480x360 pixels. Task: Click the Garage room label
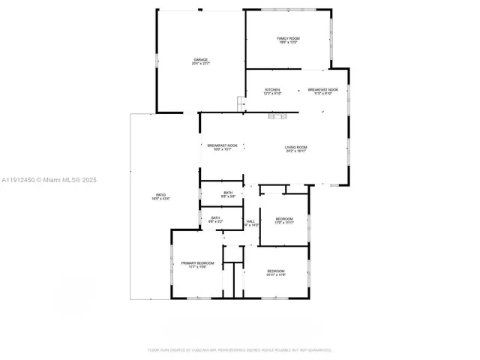pos(200,60)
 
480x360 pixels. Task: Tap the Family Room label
pos(289,38)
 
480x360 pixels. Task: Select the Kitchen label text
pos(272,90)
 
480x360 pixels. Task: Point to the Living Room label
pos(295,147)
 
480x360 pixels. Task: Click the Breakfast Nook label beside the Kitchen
pos(322,90)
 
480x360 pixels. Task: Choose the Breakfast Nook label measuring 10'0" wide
pos(223,145)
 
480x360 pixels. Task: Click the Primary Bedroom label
pos(197,262)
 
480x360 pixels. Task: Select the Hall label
pos(251,221)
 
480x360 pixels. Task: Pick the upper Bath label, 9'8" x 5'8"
pos(228,193)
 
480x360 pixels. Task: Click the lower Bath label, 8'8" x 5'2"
pos(215,218)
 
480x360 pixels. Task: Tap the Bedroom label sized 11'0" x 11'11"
pos(283,219)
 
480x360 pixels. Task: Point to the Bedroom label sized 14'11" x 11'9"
pos(275,271)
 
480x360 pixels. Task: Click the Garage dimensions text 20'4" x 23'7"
pos(200,64)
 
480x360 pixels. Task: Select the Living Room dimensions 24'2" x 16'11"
pos(295,151)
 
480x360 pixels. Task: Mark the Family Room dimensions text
pos(289,42)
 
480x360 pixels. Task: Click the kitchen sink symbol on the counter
pos(278,115)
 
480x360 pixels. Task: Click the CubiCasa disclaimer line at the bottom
pos(239,349)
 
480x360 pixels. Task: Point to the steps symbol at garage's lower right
pos(241,103)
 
